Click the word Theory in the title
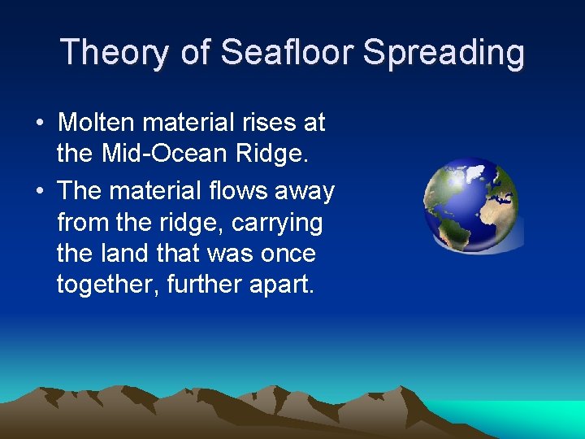[115, 53]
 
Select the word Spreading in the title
[444, 53]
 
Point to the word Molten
[97, 123]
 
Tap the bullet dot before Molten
[40, 124]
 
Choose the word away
[305, 191]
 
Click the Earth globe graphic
[472, 205]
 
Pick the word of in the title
[196, 53]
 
